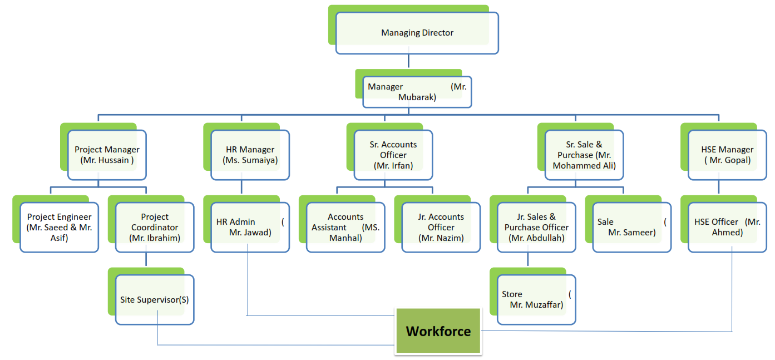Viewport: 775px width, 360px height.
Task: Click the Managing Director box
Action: [x=417, y=33]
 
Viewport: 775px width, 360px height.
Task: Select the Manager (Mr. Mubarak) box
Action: [x=417, y=92]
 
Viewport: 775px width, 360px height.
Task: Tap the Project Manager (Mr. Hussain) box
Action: [x=107, y=155]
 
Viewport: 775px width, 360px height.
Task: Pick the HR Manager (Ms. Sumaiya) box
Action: [x=250, y=155]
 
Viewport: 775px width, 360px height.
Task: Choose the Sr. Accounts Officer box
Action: [x=393, y=155]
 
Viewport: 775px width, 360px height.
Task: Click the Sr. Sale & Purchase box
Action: [x=584, y=155]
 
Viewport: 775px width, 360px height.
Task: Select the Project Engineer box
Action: [x=59, y=227]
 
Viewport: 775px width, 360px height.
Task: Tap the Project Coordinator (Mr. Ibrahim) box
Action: [x=155, y=227]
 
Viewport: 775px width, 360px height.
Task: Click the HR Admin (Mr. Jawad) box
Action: [x=250, y=227]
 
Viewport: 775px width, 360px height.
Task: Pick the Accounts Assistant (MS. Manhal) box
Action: [x=345, y=227]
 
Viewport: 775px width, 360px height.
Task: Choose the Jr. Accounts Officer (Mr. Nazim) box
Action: [x=441, y=227]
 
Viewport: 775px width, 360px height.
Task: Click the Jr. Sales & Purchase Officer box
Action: [x=536, y=227]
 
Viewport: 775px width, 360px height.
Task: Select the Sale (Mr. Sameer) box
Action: [x=631, y=227]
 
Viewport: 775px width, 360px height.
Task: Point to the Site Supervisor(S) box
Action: [x=155, y=299]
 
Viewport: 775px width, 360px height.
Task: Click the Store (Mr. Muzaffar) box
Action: [x=536, y=299]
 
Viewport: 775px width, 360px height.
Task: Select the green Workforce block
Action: [x=438, y=332]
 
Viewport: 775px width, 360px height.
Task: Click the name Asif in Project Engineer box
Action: [x=59, y=238]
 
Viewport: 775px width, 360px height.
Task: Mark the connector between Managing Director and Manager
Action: [x=409, y=61]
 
